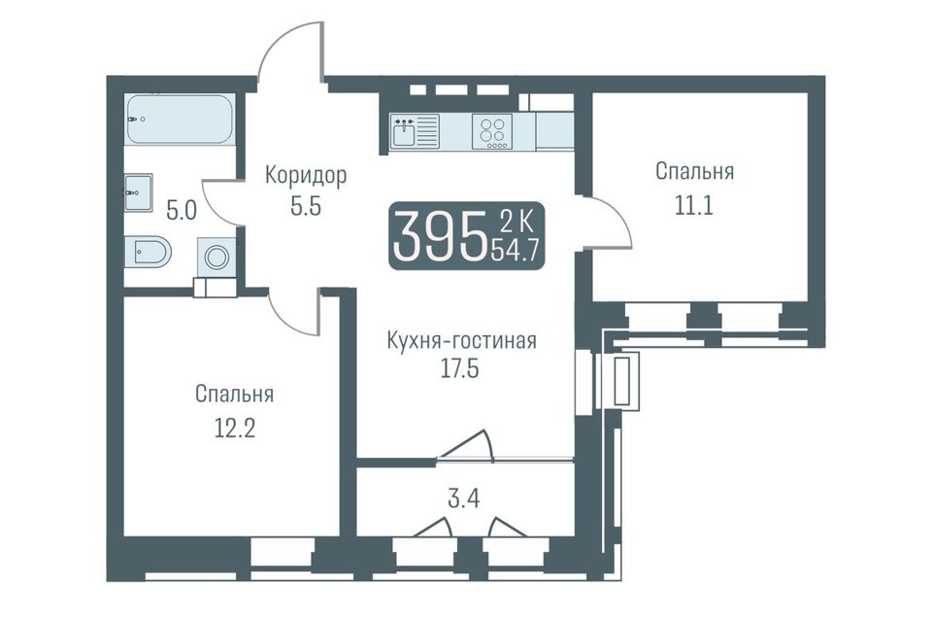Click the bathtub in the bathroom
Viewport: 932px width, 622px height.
pos(179,119)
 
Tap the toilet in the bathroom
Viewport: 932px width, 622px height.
pos(148,253)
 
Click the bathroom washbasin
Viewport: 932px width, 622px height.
pos(139,192)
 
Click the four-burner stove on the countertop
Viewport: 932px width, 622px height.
pos(492,131)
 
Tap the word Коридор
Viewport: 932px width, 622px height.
pos(306,176)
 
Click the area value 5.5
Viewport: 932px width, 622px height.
pos(306,207)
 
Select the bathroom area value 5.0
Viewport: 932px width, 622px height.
pos(182,211)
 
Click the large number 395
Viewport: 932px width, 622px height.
pos(438,237)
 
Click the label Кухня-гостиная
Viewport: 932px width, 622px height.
pos(462,341)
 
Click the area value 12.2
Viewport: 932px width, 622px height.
pos(234,428)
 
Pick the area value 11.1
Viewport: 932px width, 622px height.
pos(693,205)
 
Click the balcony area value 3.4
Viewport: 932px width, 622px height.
pos(464,499)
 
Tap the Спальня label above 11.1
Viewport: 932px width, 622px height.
pos(695,171)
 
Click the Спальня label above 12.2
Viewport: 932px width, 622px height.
pos(234,394)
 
